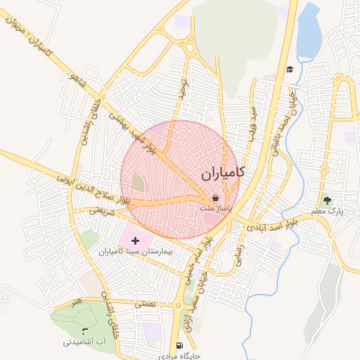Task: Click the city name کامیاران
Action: pyautogui.click(x=221, y=172)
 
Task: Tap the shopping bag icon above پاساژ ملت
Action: pyautogui.click(x=214, y=198)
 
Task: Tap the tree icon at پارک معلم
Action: pyautogui.click(x=326, y=200)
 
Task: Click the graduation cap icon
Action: pyautogui.click(x=290, y=69)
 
